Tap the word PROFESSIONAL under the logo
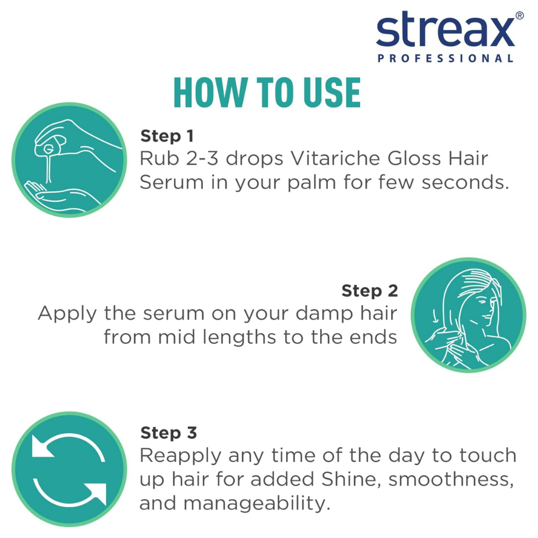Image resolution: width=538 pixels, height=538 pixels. tap(445, 58)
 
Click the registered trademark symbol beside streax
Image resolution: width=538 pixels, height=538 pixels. tap(519, 16)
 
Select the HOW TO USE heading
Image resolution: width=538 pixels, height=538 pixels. tap(267, 93)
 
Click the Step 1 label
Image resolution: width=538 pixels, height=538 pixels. tap(167, 136)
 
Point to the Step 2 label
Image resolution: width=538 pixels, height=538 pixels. tap(370, 291)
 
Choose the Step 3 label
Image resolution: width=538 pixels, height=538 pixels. tap(168, 433)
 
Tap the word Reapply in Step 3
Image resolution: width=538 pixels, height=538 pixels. tap(180, 456)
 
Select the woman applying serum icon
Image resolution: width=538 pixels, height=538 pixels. tap(468, 314)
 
